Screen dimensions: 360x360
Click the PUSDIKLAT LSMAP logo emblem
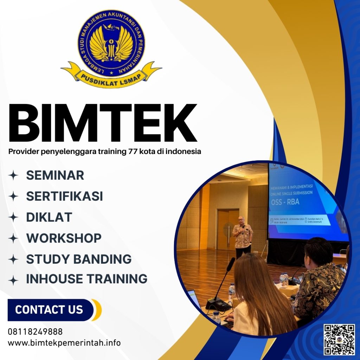pos(111,47)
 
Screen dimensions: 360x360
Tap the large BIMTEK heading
pos(102,123)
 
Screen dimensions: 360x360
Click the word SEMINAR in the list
pos(55,175)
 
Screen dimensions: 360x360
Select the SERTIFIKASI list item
pos(64,196)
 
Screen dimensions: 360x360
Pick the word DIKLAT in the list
pos(49,217)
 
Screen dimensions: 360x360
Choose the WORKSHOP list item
pos(64,238)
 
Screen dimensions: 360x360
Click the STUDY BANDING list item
pos(79,259)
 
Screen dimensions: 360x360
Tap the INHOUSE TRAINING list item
pos(86,279)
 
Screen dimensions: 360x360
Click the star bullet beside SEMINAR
pos(13,175)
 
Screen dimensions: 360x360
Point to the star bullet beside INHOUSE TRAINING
pos(13,279)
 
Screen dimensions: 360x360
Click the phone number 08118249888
pos(35,332)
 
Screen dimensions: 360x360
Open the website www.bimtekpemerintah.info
pos(64,342)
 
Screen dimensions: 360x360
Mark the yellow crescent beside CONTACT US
pos(97,310)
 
